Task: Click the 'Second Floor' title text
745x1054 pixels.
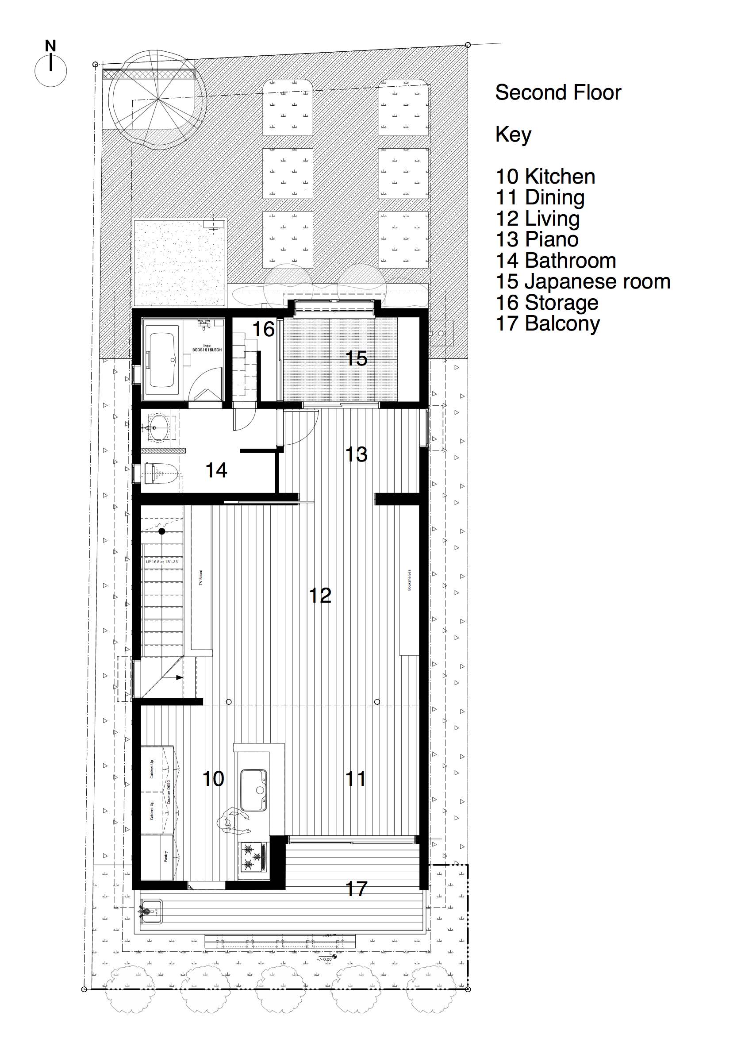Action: [x=558, y=92]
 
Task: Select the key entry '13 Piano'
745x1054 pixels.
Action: [x=537, y=239]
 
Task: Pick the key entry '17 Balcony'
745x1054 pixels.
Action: [x=548, y=323]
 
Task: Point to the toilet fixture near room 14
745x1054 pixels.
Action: [x=161, y=473]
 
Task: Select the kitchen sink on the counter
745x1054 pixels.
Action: [x=253, y=790]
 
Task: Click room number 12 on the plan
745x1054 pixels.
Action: [x=320, y=596]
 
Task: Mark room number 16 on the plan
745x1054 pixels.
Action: [x=264, y=329]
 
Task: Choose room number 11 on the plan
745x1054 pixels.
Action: [x=355, y=779]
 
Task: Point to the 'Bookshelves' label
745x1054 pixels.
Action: [x=409, y=580]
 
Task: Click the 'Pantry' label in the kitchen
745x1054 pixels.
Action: [x=166, y=857]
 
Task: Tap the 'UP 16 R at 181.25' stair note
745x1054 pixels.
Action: [x=161, y=562]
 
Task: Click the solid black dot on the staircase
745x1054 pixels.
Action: [x=161, y=531]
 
